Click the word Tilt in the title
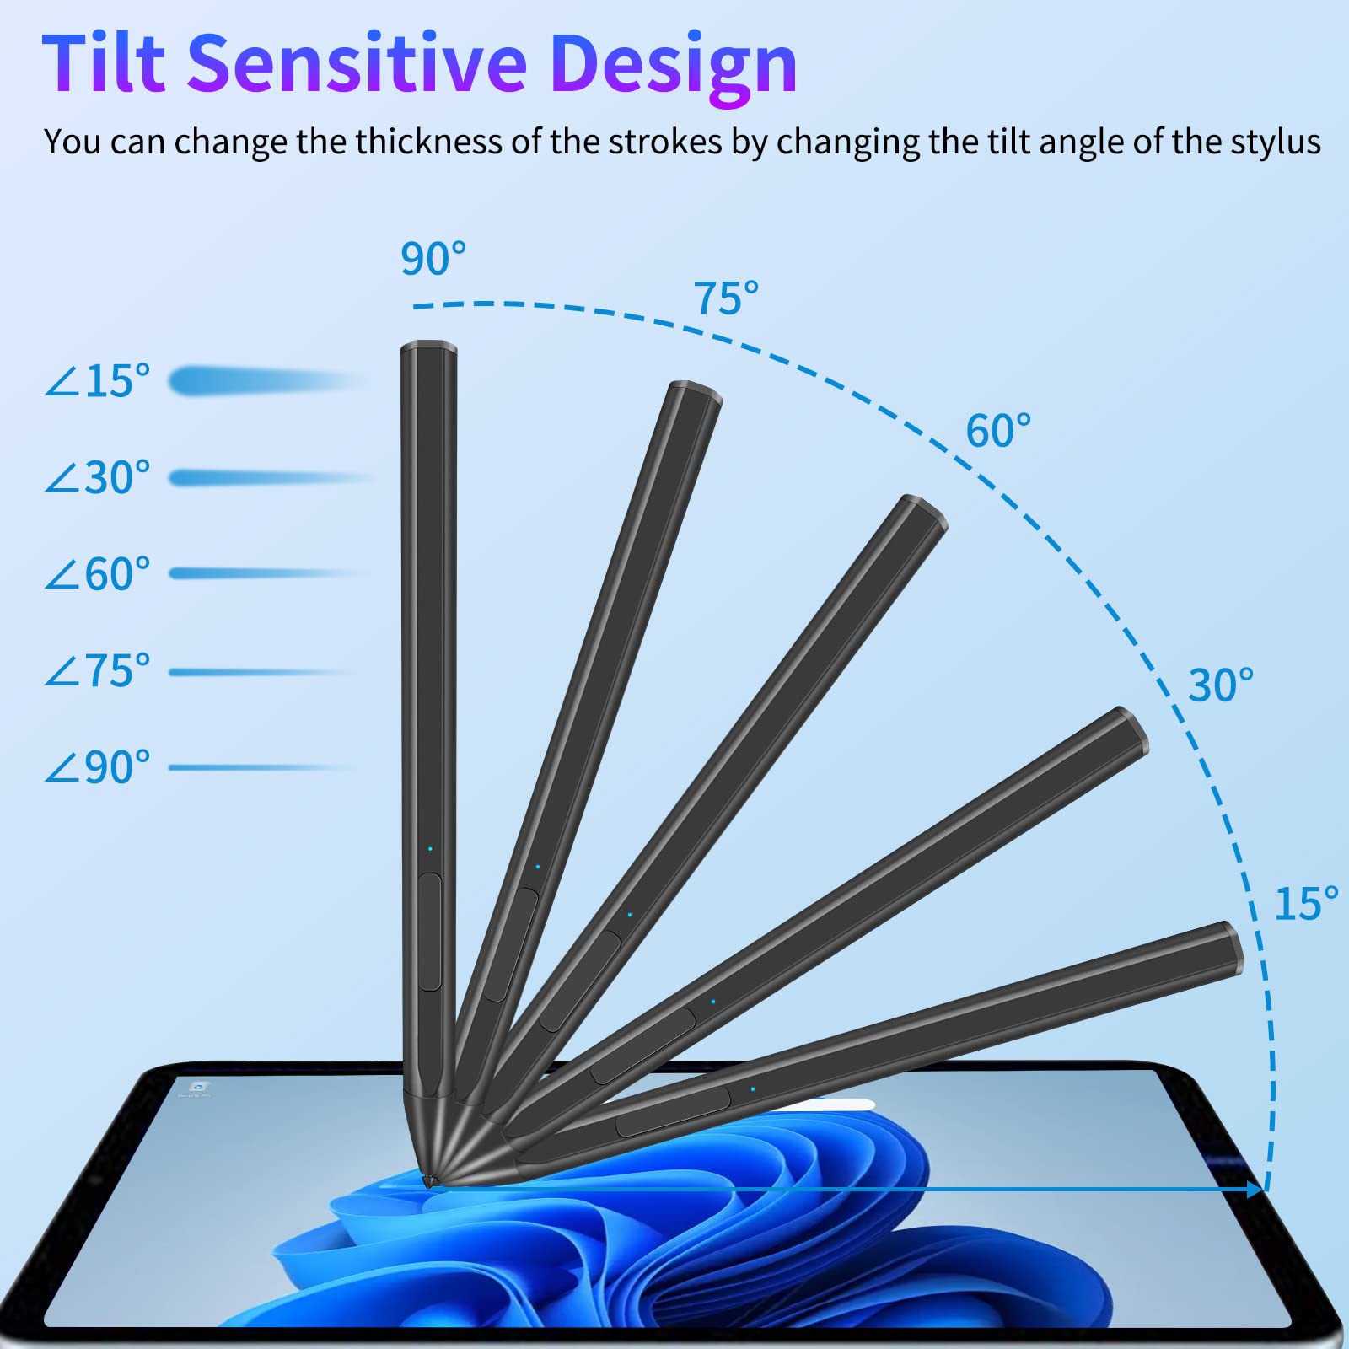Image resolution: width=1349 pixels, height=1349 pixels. pos(104,63)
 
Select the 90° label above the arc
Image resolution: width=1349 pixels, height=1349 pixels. pos(433,259)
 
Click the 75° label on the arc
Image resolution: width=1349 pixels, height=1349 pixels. pos(726,298)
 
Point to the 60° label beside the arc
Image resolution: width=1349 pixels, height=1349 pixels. pos(998,431)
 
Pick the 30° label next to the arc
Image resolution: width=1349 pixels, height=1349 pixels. pos(1221,685)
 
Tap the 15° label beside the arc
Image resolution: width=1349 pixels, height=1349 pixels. pos(1306,903)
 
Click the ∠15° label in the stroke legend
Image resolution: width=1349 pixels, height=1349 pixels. pos(97,381)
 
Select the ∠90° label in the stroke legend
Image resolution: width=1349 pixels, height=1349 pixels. pos(97,767)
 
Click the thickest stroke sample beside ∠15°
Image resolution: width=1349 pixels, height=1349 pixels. pos(266,381)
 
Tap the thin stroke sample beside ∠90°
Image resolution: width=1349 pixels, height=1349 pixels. pos(261,767)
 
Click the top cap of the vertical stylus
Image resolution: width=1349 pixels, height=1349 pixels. pos(428,347)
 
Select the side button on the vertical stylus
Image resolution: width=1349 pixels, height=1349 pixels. pos(430,932)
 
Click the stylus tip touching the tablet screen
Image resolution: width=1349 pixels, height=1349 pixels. pos(430,1180)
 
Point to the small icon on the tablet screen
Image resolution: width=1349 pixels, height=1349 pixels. pos(199,1088)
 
